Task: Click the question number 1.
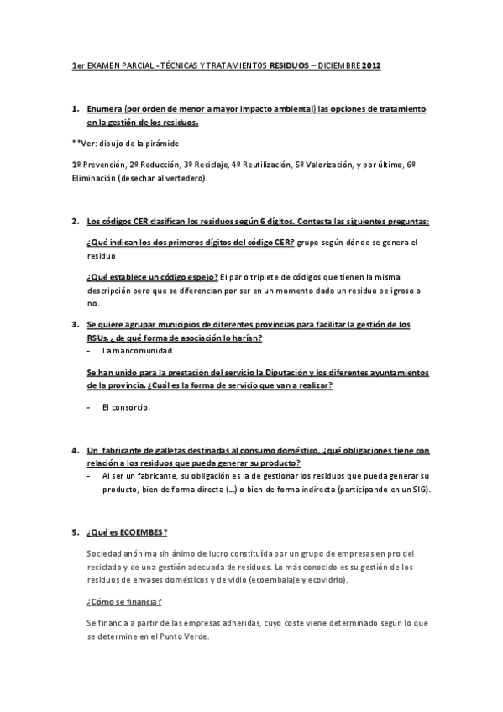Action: [75, 110]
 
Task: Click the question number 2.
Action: [75, 222]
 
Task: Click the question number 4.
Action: [75, 450]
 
